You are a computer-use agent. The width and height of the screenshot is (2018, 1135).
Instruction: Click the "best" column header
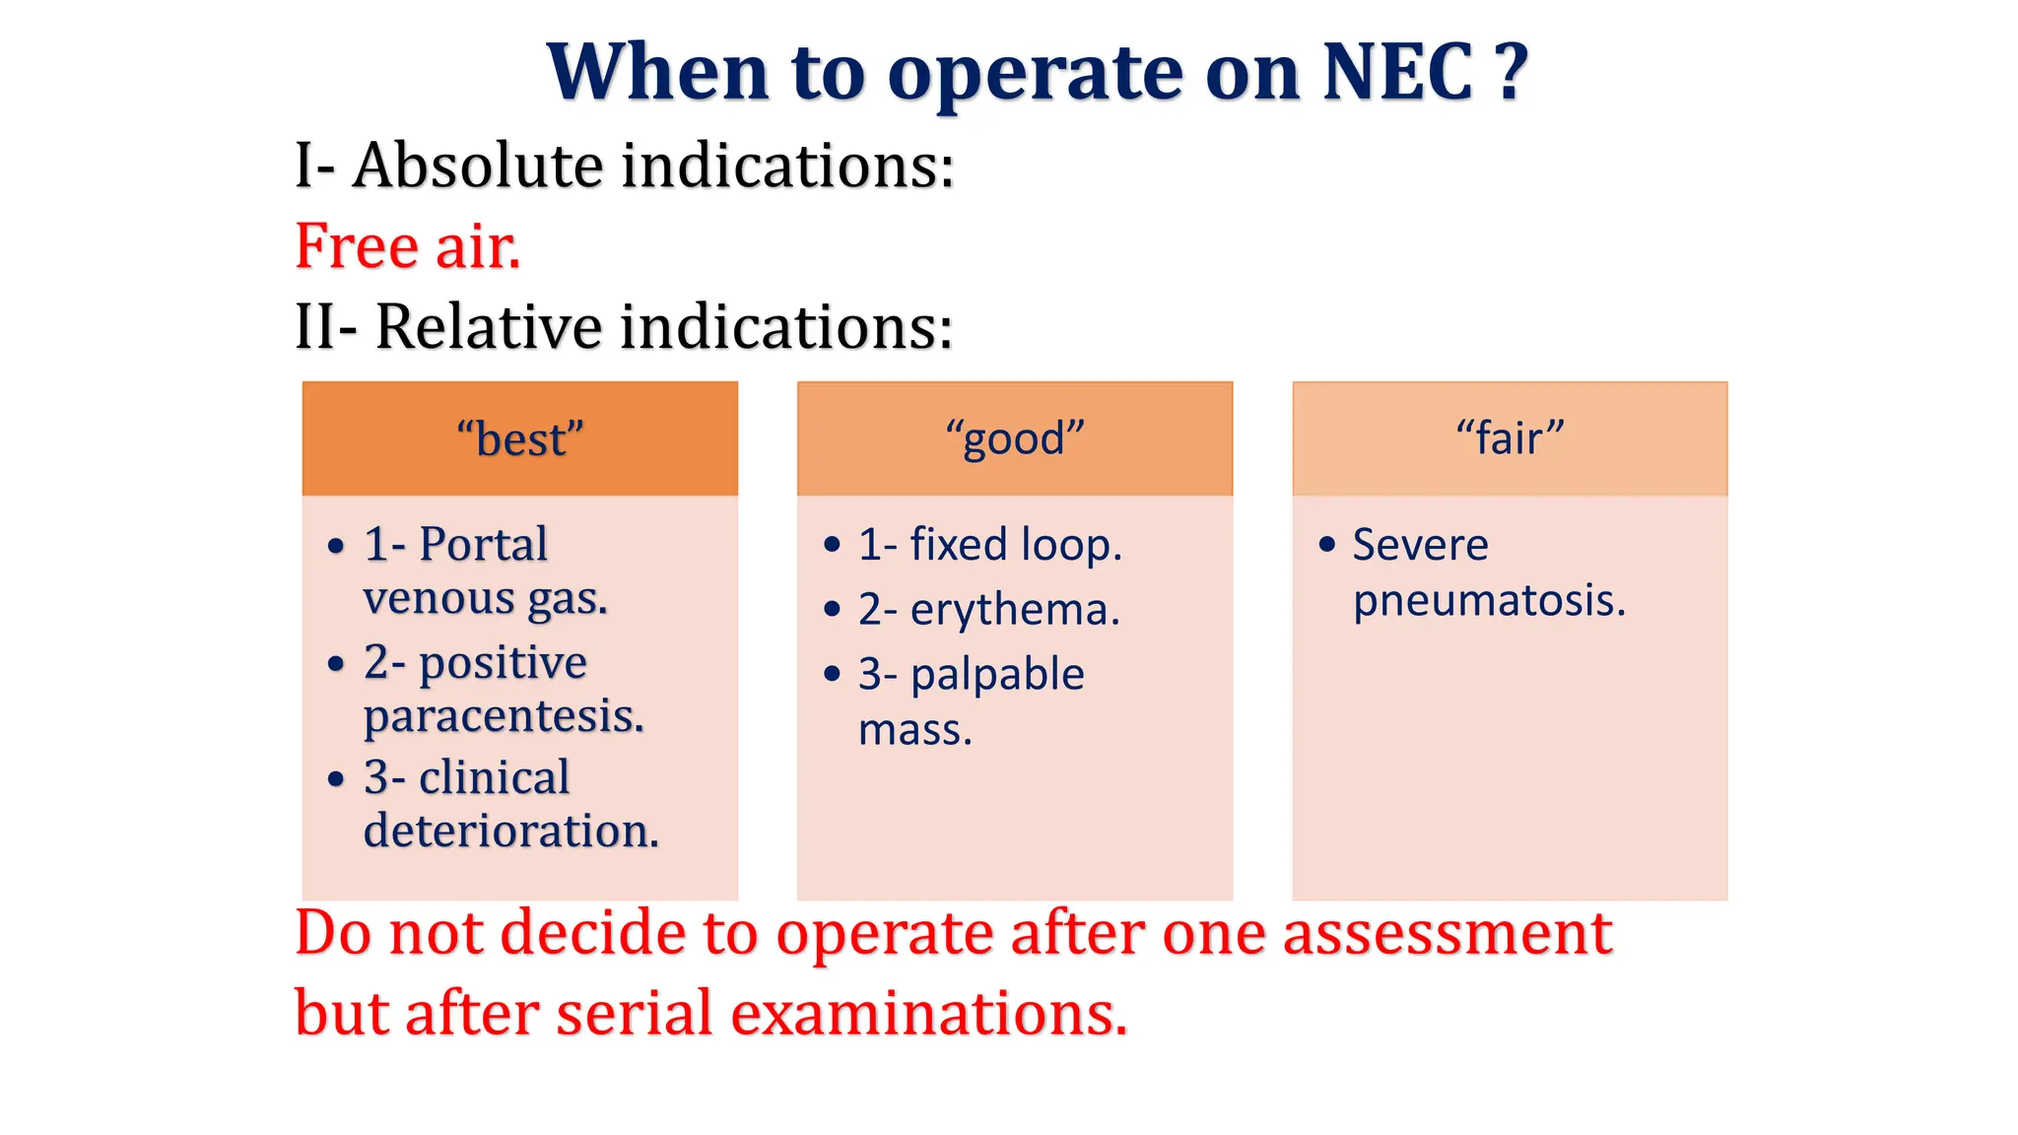pyautogui.click(x=519, y=438)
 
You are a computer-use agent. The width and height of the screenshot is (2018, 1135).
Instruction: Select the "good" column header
pyautogui.click(x=1014, y=438)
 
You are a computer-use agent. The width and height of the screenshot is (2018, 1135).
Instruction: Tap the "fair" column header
pyautogui.click(x=1510, y=438)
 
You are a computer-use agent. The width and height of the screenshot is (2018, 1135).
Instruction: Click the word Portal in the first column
pyautogui.click(x=483, y=545)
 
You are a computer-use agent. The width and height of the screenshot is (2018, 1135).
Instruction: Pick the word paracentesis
pyautogui.click(x=504, y=716)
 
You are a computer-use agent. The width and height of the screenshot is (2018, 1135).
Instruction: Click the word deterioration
pyautogui.click(x=510, y=832)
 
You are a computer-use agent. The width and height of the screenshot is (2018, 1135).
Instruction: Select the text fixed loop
pyautogui.click(x=1015, y=545)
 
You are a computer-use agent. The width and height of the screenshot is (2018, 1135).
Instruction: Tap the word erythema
pyautogui.click(x=1015, y=610)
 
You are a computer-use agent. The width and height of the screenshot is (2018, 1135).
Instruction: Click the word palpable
pyautogui.click(x=997, y=676)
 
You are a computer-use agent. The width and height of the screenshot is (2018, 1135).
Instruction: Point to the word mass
pyautogui.click(x=914, y=730)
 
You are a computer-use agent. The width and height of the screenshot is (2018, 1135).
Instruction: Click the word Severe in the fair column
pyautogui.click(x=1420, y=545)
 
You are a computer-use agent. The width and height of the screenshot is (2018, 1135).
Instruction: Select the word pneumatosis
pyautogui.click(x=1488, y=601)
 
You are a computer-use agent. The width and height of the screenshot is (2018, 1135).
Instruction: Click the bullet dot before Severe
pyautogui.click(x=1327, y=544)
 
